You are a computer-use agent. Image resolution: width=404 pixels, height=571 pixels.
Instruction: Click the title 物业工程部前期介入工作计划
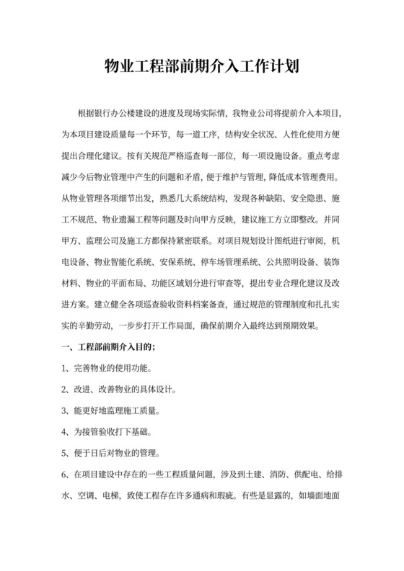(202, 68)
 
